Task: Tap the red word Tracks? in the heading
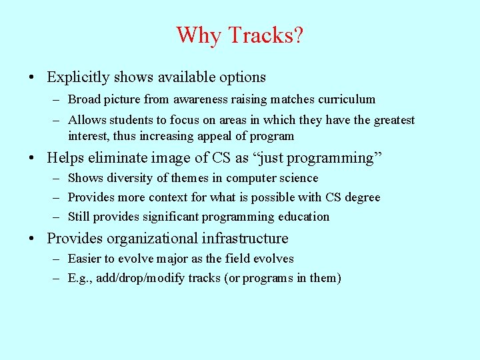[x=263, y=35]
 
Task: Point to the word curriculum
[x=349, y=99]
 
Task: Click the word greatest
[x=392, y=120]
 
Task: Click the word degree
[x=363, y=197]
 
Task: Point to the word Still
[x=79, y=217]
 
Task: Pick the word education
[x=303, y=217]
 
